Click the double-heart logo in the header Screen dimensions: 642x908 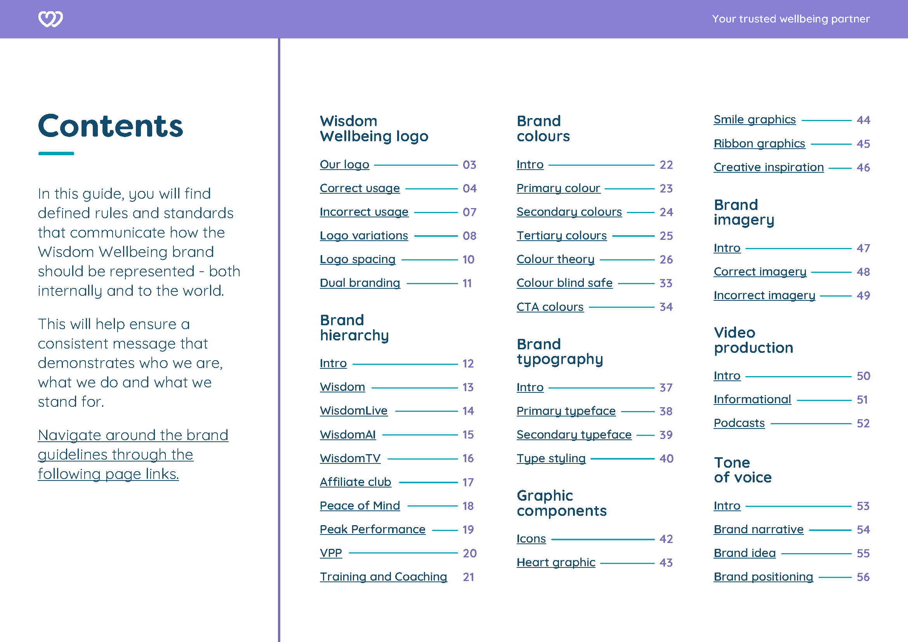point(50,19)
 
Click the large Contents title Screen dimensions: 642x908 point(110,126)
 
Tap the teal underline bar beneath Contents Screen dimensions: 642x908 point(56,153)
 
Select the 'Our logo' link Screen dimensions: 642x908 point(344,165)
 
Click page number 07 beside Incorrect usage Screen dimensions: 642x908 point(469,212)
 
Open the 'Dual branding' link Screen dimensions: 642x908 point(360,283)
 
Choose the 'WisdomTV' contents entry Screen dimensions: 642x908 point(350,458)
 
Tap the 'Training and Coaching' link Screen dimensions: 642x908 point(383,577)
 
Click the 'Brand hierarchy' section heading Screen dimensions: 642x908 point(354,328)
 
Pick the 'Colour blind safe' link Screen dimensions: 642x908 point(564,283)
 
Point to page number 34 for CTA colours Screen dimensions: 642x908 point(666,307)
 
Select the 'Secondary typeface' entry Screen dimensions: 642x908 point(574,435)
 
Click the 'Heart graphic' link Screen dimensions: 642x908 point(556,562)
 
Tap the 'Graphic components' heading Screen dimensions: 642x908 point(561,503)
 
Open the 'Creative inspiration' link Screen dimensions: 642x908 point(768,168)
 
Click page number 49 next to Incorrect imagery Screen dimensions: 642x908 point(863,296)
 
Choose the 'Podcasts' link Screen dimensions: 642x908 point(739,423)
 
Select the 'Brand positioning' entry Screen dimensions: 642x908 point(763,577)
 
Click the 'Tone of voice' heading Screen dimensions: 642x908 point(742,470)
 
